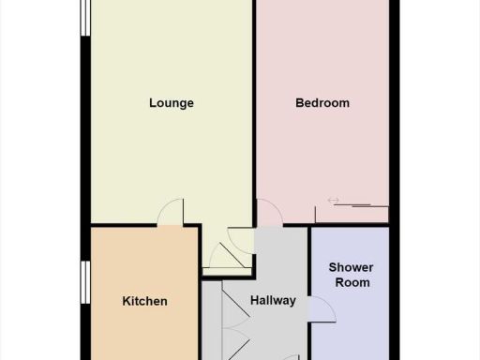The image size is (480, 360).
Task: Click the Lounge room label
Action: pyautogui.click(x=172, y=103)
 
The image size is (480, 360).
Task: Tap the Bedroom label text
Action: pyautogui.click(x=322, y=103)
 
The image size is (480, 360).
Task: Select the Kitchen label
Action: pyautogui.click(x=145, y=301)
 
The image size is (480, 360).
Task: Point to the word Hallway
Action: pyautogui.click(x=273, y=301)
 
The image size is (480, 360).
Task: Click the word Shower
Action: pyautogui.click(x=350, y=268)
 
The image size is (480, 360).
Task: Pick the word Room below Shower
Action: pyautogui.click(x=350, y=282)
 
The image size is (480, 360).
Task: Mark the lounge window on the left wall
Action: pyautogui.click(x=85, y=19)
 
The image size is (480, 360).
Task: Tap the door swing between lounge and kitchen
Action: pyautogui.click(x=169, y=214)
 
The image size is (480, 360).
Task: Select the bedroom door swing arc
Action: pyautogui.click(x=268, y=213)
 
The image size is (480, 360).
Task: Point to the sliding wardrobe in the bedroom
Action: pyautogui.click(x=352, y=214)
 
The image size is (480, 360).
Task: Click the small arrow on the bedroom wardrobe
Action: pyautogui.click(x=332, y=199)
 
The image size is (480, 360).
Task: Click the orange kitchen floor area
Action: pyautogui.click(x=141, y=262)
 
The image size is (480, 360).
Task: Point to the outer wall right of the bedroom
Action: pyautogui.click(x=395, y=112)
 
